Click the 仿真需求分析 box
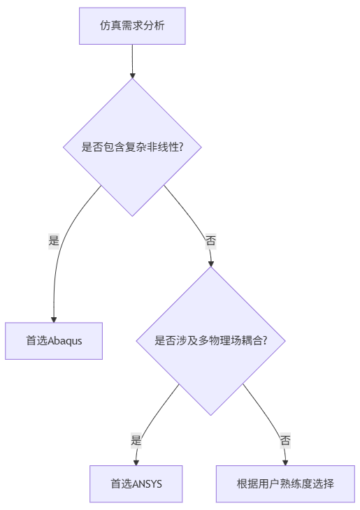pyautogui.click(x=132, y=26)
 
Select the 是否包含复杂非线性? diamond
pyautogui.click(x=132, y=147)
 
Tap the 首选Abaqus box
pyautogui.click(x=54, y=341)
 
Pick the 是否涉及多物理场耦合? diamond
pyautogui.click(x=210, y=341)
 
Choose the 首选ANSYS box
pyautogui.click(x=136, y=483)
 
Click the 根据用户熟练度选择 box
pyautogui.click(x=285, y=483)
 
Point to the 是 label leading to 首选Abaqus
pyautogui.click(x=54, y=241)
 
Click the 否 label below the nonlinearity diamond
pyautogui.click(x=210, y=241)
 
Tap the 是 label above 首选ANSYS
pyautogui.click(x=136, y=441)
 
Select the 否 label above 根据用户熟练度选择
pyautogui.click(x=285, y=441)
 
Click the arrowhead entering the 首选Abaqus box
pyautogui.click(x=54, y=319)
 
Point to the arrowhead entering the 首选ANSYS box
pyautogui.click(x=136, y=462)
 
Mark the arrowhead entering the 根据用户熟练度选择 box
pyautogui.click(x=285, y=462)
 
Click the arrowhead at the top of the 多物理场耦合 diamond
pyautogui.click(x=211, y=264)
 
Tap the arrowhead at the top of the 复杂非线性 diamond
pyautogui.click(x=132, y=75)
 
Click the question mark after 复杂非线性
pyautogui.click(x=181, y=147)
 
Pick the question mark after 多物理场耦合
pyautogui.click(x=265, y=340)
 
